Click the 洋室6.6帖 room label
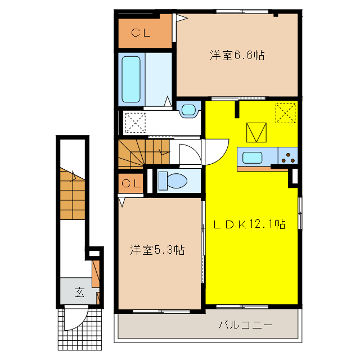tap(237, 55)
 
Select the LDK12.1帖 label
tap(249, 224)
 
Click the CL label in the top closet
tap(141, 33)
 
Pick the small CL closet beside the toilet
tap(130, 183)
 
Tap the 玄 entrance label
tap(79, 292)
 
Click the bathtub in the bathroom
tap(130, 78)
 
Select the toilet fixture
tap(172, 181)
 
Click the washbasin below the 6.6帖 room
tap(188, 109)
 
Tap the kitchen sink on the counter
tap(251, 157)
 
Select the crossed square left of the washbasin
tap(135, 122)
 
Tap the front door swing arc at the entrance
tap(74, 320)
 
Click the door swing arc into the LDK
tap(217, 151)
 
